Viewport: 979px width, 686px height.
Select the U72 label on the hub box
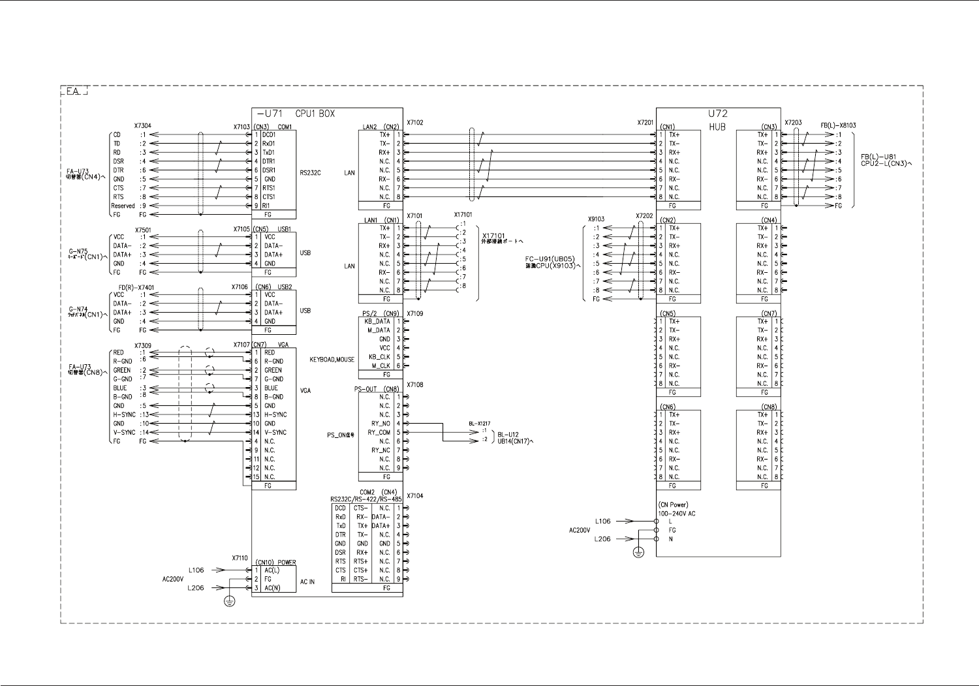click(717, 114)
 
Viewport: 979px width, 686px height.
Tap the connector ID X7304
click(143, 126)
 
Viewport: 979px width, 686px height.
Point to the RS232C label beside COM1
click(311, 173)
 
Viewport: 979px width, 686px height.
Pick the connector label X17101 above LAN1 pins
click(463, 215)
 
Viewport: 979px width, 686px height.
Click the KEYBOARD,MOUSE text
click(332, 360)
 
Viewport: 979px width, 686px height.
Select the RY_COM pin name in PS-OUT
click(379, 433)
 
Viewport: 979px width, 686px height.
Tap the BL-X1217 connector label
click(480, 423)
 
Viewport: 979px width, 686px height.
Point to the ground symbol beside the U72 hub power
click(639, 553)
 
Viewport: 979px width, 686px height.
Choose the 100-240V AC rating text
click(677, 514)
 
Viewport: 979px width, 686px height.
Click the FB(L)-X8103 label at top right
click(839, 125)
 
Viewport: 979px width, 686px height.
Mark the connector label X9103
click(596, 219)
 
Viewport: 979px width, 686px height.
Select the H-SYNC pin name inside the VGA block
click(275, 414)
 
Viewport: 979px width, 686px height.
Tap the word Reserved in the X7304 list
click(123, 206)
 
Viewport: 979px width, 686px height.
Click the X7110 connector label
click(240, 558)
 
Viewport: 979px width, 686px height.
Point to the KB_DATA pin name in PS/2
click(377, 322)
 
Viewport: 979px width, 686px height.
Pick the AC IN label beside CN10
click(307, 582)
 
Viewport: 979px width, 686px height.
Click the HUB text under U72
click(717, 127)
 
